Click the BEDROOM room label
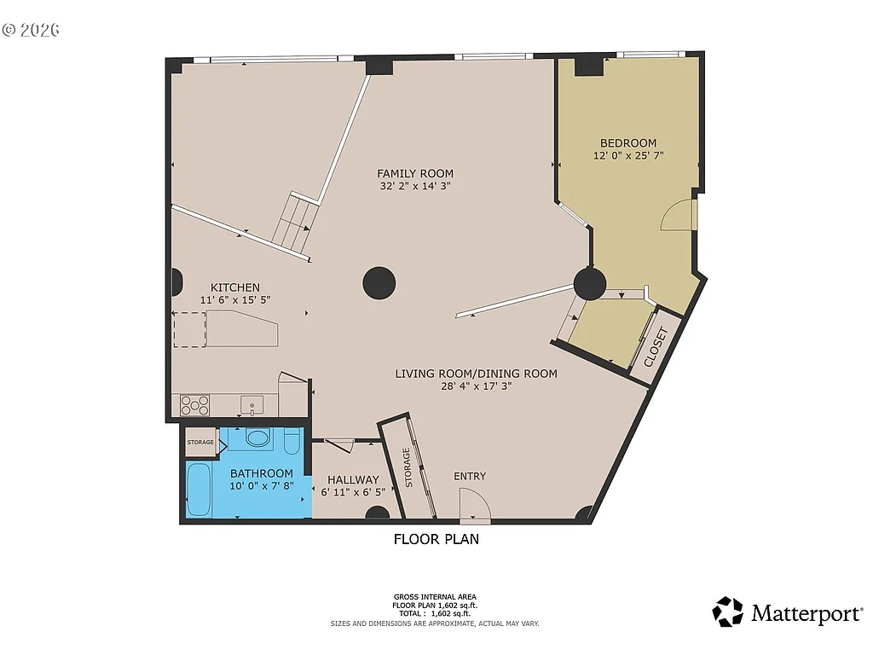pos(627,143)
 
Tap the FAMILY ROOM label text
pos(415,174)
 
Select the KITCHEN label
pos(235,287)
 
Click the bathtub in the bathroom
pos(199,490)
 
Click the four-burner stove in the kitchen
pos(194,404)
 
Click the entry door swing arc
pos(475,510)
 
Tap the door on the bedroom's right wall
pos(680,215)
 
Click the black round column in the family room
pos(379,283)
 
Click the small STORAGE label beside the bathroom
pos(200,442)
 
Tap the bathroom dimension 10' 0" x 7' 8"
pos(261,486)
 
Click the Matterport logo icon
pos(728,612)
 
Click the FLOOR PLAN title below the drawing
pos(436,539)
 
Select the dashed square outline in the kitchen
pos(190,330)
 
